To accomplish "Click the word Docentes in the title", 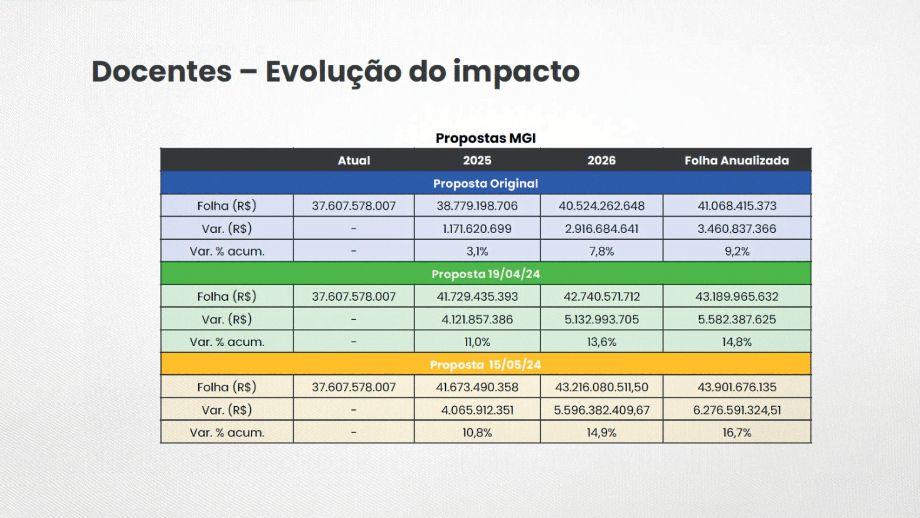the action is (x=161, y=71).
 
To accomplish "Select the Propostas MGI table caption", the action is (x=486, y=138).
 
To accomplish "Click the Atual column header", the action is (x=354, y=161).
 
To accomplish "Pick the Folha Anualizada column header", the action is (x=737, y=161).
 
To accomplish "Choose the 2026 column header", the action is (x=602, y=161).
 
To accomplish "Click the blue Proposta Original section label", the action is (x=486, y=183).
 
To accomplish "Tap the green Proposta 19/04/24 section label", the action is (x=486, y=274).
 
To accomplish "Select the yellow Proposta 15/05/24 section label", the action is (x=486, y=365).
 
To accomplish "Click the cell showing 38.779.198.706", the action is (x=477, y=206).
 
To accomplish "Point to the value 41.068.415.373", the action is (x=737, y=206).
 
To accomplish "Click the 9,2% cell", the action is (x=737, y=251).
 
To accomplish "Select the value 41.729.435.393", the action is (x=477, y=297).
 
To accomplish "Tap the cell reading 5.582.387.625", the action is (x=737, y=319).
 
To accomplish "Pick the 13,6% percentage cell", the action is (x=602, y=342).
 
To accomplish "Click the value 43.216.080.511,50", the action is (x=602, y=387).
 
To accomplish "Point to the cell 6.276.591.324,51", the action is (x=737, y=410).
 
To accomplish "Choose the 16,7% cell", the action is (x=737, y=433).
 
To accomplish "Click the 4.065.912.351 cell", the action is (x=477, y=410).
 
